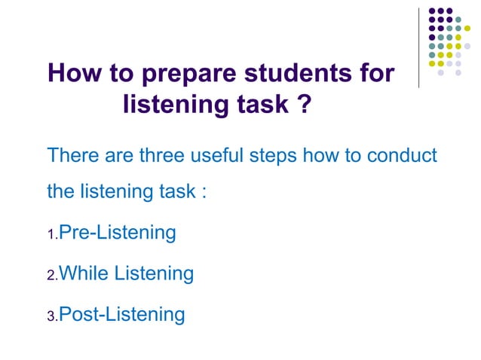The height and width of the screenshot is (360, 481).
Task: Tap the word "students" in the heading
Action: [x=296, y=75]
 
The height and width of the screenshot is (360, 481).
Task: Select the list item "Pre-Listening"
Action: [x=117, y=233]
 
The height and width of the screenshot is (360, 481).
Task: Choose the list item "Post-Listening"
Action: [x=121, y=314]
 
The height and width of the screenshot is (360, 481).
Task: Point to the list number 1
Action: [x=51, y=236]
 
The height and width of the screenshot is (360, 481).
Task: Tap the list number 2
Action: [x=51, y=277]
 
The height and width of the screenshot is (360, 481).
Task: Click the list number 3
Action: [x=51, y=318]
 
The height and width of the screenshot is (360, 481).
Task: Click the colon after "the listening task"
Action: [x=204, y=191]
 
